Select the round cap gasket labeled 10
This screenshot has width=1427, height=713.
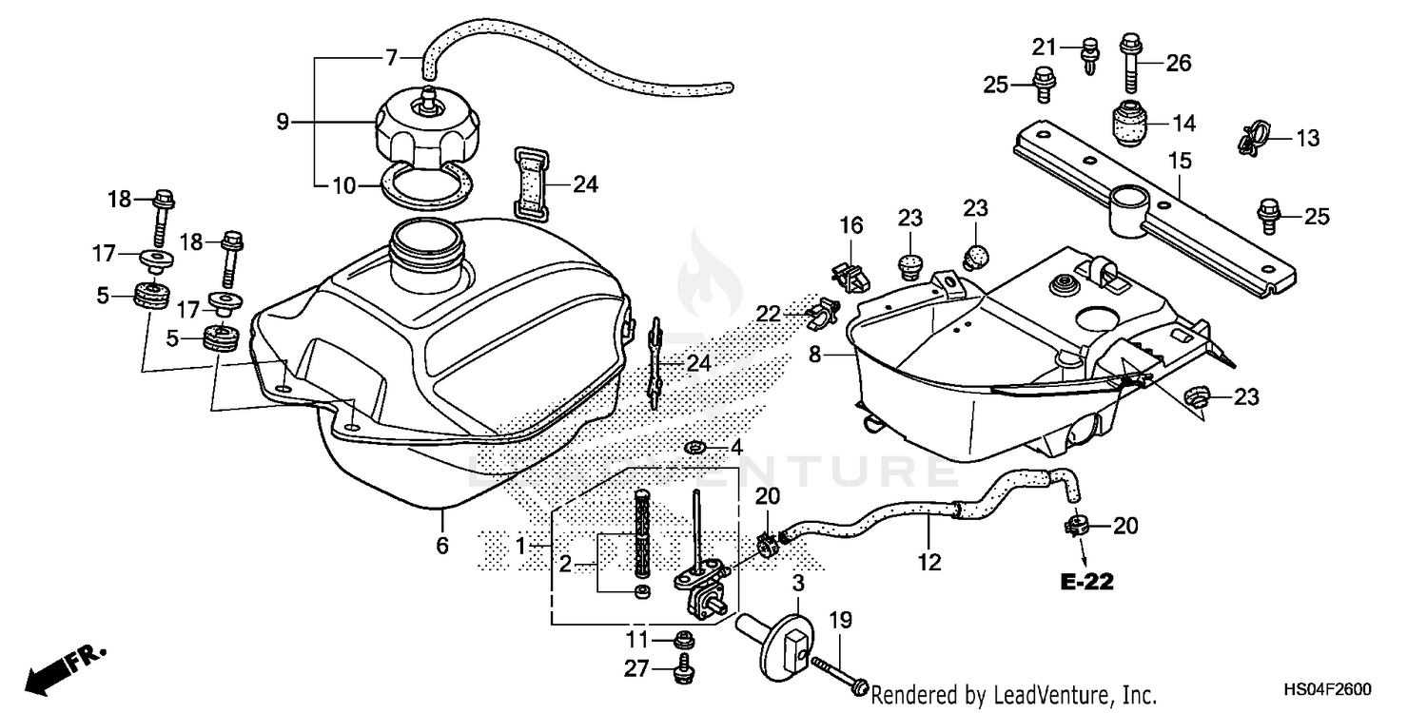tap(420, 183)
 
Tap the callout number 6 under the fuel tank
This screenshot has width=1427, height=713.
tap(442, 546)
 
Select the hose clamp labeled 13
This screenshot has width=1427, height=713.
tap(1252, 139)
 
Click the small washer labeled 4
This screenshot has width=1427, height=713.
tap(694, 446)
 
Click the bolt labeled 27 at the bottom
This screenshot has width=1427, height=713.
tap(682, 670)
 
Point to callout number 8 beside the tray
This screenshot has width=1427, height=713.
tap(814, 355)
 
